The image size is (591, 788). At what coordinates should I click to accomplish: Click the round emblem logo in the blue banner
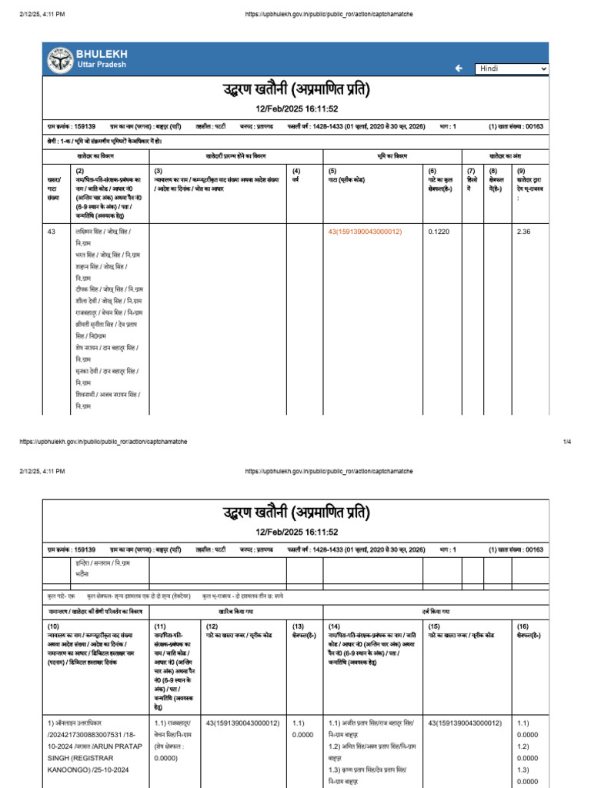(x=60, y=59)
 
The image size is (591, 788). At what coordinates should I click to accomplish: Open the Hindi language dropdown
(x=512, y=68)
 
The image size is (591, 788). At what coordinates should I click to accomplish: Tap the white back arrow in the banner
(x=459, y=68)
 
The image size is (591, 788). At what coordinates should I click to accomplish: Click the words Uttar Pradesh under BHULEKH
(x=101, y=65)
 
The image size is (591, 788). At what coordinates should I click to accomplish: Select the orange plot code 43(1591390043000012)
(x=365, y=232)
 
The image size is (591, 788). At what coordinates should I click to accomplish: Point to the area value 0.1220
(x=439, y=232)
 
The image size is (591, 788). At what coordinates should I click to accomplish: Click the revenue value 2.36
(x=524, y=232)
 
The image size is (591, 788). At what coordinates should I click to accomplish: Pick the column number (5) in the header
(x=332, y=170)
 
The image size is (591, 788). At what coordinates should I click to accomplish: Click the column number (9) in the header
(x=521, y=170)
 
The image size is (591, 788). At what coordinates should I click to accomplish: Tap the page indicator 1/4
(x=567, y=442)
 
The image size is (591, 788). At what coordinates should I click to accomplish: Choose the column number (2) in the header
(x=79, y=170)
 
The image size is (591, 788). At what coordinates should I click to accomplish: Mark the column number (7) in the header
(x=472, y=170)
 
